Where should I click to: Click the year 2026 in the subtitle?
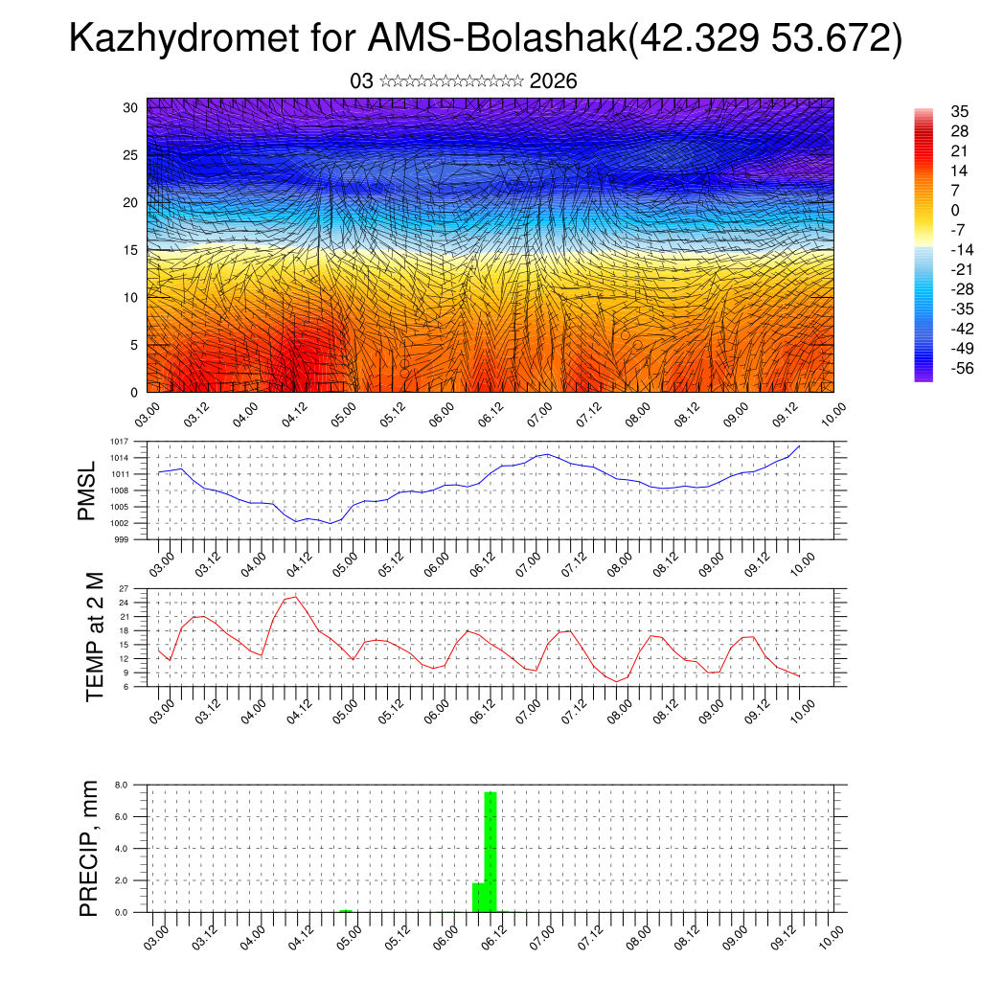click(553, 81)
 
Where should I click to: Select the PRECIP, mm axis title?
click(89, 847)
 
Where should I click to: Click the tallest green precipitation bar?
click(490, 851)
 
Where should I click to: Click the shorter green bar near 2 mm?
click(478, 897)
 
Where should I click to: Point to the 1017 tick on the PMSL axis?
click(120, 442)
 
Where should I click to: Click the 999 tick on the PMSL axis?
click(122, 539)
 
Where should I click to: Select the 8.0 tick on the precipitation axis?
click(122, 785)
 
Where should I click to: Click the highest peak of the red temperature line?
click(295, 597)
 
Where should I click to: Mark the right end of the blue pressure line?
click(799, 446)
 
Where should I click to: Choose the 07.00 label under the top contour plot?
click(538, 415)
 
